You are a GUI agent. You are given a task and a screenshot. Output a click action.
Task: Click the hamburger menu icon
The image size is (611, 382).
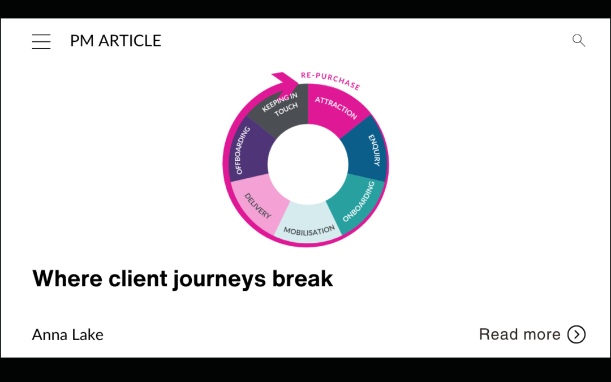(x=41, y=41)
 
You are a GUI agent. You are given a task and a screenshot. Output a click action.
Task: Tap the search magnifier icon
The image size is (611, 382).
(x=579, y=40)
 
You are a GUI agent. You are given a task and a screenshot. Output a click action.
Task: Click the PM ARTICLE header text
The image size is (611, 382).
(x=115, y=41)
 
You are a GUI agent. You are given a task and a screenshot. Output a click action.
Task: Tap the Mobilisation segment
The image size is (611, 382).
(x=308, y=225)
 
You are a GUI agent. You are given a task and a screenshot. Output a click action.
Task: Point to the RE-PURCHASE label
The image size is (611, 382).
(x=330, y=80)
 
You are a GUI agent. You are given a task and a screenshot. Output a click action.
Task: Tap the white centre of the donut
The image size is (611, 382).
(x=308, y=164)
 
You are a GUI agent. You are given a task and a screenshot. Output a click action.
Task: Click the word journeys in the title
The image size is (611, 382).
(x=221, y=279)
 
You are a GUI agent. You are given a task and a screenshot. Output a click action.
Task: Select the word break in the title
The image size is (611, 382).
(x=303, y=278)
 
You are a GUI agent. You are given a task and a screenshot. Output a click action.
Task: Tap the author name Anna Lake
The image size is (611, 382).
(x=68, y=334)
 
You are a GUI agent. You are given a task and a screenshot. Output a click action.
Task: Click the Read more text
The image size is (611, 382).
(x=519, y=334)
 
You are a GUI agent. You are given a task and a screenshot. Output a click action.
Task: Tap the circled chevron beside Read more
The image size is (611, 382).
(x=576, y=334)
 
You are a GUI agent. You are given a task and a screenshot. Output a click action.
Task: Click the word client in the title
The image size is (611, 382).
(x=138, y=278)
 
